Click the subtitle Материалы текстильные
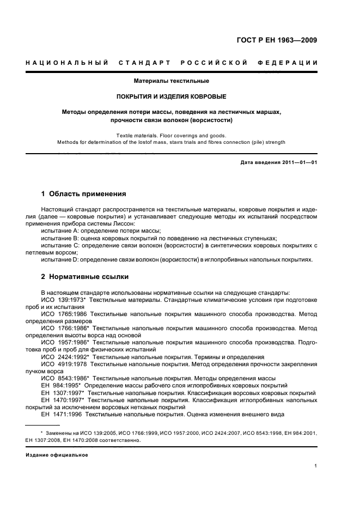[x=172, y=81]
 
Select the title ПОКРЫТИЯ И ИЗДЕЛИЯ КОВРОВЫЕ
[x=172, y=96]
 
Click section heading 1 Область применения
[x=84, y=193]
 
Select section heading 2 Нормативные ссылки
[x=83, y=276]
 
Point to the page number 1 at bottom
[x=316, y=466]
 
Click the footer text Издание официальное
[x=57, y=454]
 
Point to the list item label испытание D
[x=60, y=259]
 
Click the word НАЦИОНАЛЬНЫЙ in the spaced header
[x=67, y=63]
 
